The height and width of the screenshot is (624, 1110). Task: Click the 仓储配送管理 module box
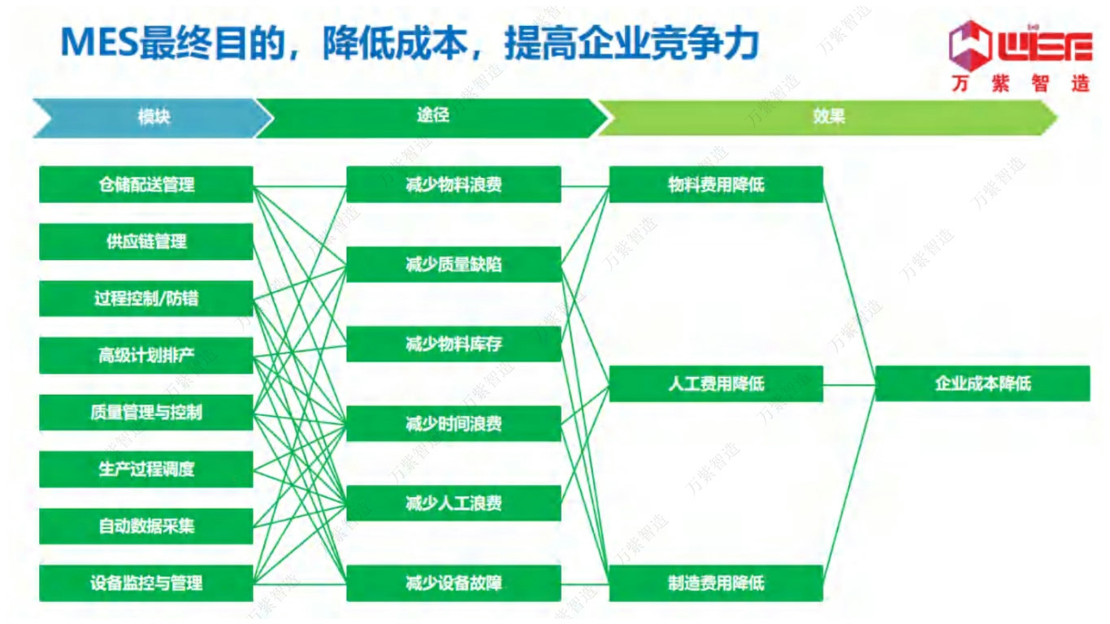(146, 184)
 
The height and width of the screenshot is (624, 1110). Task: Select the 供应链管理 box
(146, 241)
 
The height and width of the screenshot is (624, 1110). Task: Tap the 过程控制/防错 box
(146, 298)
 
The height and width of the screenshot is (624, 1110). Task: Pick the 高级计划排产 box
(146, 355)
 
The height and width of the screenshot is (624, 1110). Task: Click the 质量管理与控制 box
(146, 412)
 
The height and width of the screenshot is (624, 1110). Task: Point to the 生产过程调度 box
(146, 469)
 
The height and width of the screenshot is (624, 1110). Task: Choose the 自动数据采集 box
(146, 526)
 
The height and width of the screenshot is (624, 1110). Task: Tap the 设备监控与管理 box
(146, 583)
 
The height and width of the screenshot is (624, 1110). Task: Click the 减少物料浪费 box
(453, 184)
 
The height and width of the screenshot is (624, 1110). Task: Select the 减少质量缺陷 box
(453, 264)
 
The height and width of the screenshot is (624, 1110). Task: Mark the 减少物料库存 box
(453, 344)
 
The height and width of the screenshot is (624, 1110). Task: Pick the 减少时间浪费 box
(453, 423)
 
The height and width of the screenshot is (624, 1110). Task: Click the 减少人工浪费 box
(453, 503)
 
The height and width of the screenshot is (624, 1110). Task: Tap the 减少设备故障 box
(453, 583)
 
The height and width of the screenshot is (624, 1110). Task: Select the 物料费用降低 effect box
(716, 184)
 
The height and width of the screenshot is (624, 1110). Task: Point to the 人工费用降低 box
(716, 383)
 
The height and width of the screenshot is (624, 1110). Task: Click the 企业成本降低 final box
(982, 383)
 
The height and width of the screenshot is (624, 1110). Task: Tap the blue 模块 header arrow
(150, 117)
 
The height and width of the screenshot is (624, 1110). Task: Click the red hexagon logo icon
(971, 43)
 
